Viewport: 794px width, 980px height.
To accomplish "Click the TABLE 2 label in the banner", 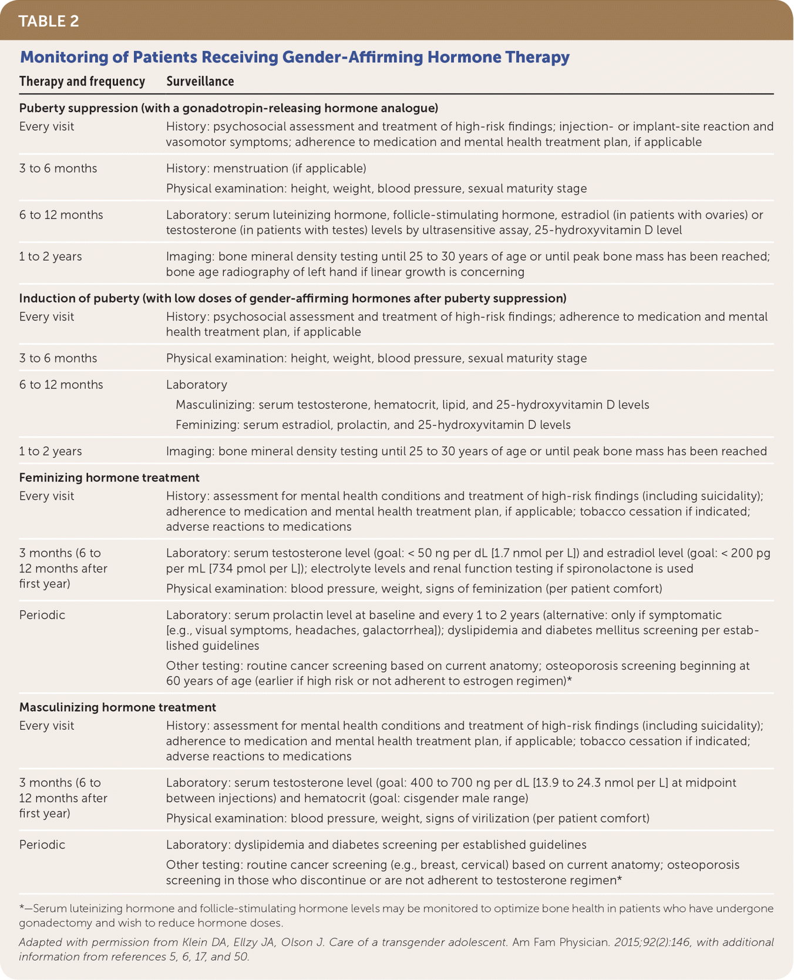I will pyautogui.click(x=49, y=21).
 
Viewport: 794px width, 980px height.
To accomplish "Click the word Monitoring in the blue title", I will pyautogui.click(x=56, y=57).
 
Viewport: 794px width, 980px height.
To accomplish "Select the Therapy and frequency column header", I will pyautogui.click(x=82, y=81).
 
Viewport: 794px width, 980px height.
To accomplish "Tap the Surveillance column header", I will pyautogui.click(x=200, y=81).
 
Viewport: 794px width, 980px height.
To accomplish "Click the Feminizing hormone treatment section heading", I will pyautogui.click(x=109, y=477).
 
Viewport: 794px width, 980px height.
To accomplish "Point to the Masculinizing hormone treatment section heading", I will pyautogui.click(x=117, y=707).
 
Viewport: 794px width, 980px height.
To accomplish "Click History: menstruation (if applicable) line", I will pyautogui.click(x=266, y=169).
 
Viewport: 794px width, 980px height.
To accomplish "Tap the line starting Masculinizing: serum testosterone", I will pyautogui.click(x=412, y=405).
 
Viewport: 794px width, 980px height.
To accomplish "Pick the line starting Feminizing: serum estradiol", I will pyautogui.click(x=373, y=425).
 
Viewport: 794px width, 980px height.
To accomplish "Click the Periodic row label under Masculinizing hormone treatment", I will pyautogui.click(x=42, y=844).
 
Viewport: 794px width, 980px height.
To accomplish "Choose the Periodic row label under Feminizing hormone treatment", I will pyautogui.click(x=42, y=615).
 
